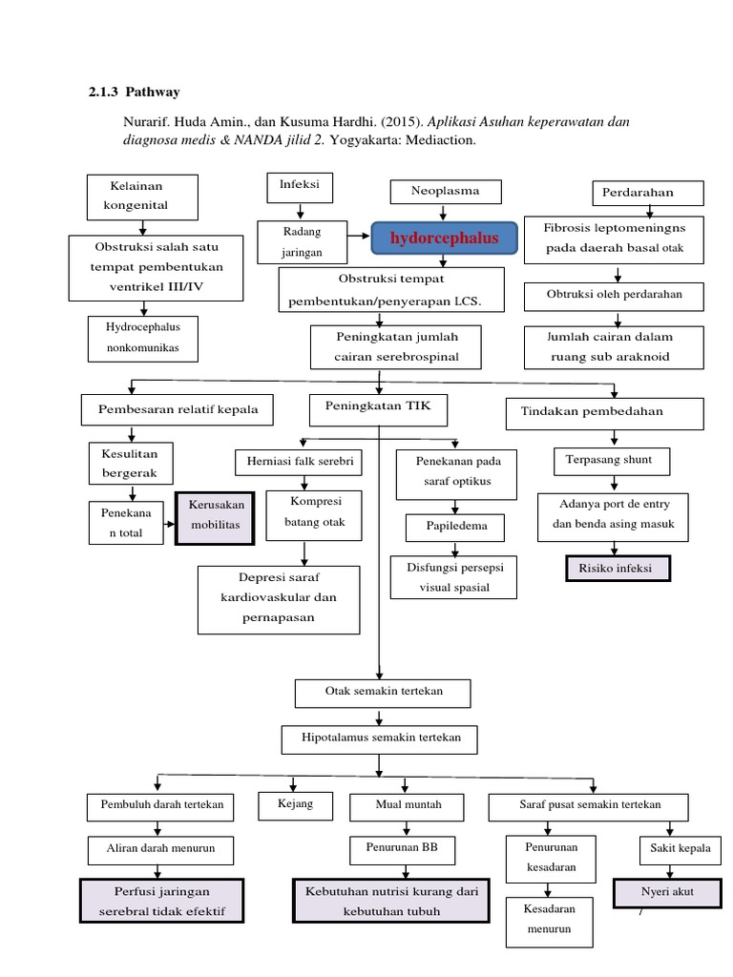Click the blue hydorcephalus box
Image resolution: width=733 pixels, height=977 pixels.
point(444,239)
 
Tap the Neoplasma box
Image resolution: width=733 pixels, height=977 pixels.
point(445,192)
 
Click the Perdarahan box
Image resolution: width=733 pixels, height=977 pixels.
point(647,192)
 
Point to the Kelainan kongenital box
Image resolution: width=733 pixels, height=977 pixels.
point(142,197)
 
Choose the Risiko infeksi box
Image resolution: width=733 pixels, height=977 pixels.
point(617,568)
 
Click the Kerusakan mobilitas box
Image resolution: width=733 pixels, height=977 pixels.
point(215,518)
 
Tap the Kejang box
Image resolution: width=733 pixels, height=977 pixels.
point(295,805)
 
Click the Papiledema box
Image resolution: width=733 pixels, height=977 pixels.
point(453,526)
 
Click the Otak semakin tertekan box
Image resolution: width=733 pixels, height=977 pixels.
point(383,690)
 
